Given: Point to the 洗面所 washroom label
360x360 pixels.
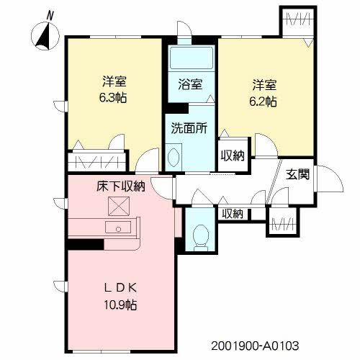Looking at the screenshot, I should pyautogui.click(x=189, y=130).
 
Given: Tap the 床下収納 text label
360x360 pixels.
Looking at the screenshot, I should pyautogui.click(x=121, y=186).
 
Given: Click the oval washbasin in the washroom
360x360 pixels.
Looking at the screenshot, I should pyautogui.click(x=174, y=157).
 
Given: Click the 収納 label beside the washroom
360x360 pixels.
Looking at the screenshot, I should pyautogui.click(x=233, y=155).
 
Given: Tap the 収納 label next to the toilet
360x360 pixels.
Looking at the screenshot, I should pyautogui.click(x=233, y=214).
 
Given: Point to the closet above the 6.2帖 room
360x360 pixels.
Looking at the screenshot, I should pyautogui.click(x=297, y=22).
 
